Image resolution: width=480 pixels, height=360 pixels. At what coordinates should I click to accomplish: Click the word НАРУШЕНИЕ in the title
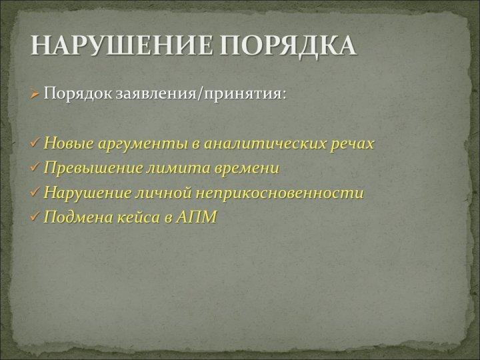click(x=121, y=45)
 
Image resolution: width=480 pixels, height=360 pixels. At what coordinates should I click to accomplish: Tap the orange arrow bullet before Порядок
click(x=35, y=94)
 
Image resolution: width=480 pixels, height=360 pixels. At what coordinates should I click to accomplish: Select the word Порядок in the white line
click(x=78, y=93)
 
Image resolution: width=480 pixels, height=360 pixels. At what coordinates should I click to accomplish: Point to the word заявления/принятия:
click(x=201, y=94)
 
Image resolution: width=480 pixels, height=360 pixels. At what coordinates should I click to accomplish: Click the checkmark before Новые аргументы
click(x=35, y=143)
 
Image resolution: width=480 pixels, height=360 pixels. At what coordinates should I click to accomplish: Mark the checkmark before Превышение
click(x=35, y=167)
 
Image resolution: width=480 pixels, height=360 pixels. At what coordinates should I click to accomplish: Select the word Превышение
click(x=93, y=168)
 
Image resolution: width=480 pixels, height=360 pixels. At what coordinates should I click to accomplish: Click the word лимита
click(x=179, y=168)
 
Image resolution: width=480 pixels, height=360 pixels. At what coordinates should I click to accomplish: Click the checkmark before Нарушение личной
click(x=35, y=192)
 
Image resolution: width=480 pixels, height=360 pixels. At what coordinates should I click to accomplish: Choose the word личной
click(x=164, y=193)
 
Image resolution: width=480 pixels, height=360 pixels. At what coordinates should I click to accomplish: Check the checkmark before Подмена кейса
click(x=35, y=217)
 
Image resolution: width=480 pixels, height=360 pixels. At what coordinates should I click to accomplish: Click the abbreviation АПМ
click(x=196, y=217)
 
